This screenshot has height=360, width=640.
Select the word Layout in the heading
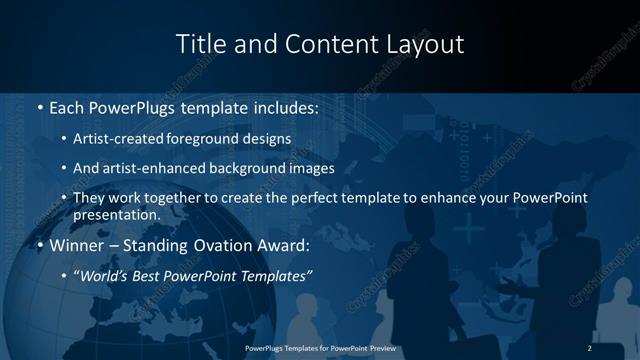(x=429, y=44)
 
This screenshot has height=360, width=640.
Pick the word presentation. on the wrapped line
(x=116, y=214)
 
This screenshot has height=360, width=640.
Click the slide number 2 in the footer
(x=590, y=347)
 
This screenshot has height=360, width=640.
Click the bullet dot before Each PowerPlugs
(x=38, y=108)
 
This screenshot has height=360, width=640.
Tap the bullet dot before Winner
(x=38, y=245)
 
